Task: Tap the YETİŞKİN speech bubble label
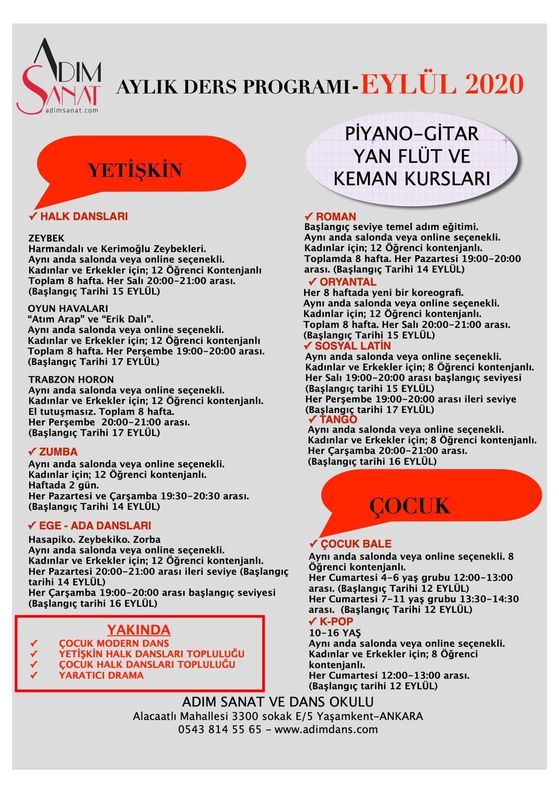point(135,170)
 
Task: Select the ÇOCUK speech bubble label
point(410,506)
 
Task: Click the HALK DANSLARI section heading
point(84,217)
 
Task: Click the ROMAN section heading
point(336,217)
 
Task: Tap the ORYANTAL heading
point(341,282)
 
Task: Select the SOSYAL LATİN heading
point(353,346)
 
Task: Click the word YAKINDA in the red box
point(139,630)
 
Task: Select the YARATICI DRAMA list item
point(102,675)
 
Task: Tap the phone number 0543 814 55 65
point(220,730)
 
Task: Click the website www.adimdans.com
point(326,730)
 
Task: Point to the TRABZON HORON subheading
point(71,380)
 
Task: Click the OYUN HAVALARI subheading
point(68,309)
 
